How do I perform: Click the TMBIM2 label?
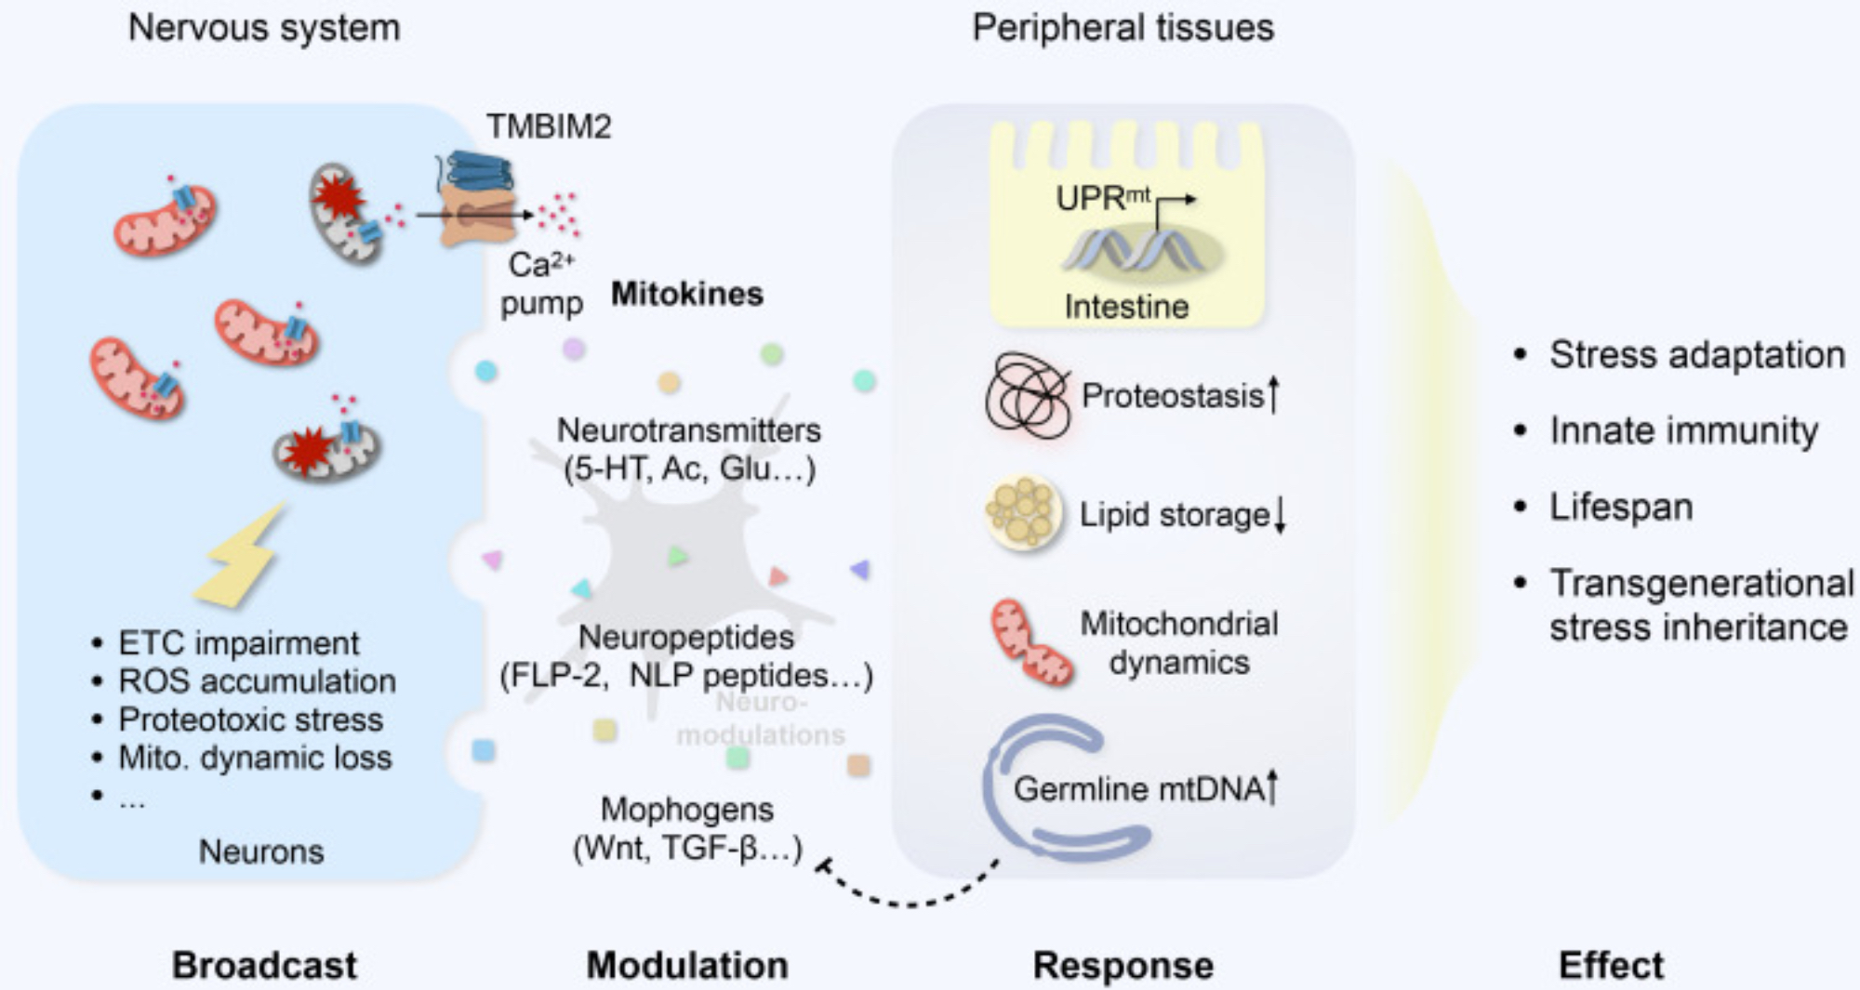coord(549,126)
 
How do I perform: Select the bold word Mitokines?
coord(686,294)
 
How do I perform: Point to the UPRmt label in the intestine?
coord(1103,198)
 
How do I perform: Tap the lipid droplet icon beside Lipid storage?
coord(1022,512)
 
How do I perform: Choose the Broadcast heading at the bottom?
coord(264,965)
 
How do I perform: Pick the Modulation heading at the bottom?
coord(686,965)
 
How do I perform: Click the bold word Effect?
coord(1611,965)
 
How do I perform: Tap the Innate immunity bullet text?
coord(1683,430)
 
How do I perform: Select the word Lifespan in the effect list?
coord(1621,507)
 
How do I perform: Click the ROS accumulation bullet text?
coord(257,680)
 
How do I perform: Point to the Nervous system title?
coord(264,28)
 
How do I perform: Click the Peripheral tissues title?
coord(1123,28)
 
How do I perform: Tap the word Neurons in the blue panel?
coord(261,851)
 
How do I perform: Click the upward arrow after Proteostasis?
coord(1274,393)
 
